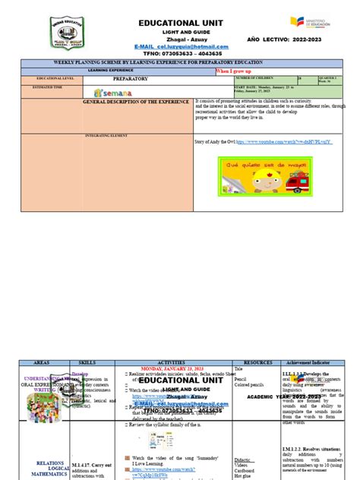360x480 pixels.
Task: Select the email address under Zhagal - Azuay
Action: [180, 46]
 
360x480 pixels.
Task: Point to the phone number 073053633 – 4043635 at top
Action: [180, 54]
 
